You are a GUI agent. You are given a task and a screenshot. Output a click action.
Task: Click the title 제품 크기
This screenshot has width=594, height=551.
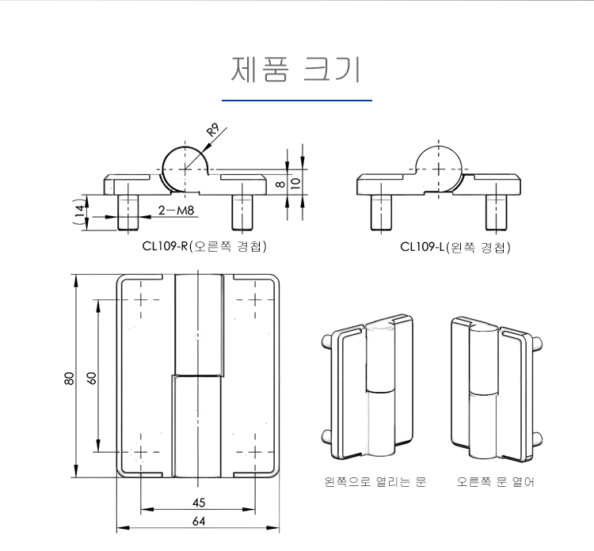pos(296,70)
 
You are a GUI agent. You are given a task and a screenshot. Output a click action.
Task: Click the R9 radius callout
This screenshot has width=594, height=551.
pos(213,129)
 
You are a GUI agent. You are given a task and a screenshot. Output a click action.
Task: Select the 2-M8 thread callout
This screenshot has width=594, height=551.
pos(177,211)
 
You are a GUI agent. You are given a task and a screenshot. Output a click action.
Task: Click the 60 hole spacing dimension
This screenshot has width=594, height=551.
pos(91,378)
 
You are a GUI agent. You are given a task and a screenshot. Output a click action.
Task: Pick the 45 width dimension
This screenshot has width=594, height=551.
pos(199,503)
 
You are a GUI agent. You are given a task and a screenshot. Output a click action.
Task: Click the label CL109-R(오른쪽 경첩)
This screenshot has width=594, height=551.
pos(205,246)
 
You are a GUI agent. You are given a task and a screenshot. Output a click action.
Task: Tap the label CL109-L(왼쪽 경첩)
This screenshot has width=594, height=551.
pos(455,247)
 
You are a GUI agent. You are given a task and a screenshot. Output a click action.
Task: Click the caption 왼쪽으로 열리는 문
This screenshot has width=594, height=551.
pos(375,481)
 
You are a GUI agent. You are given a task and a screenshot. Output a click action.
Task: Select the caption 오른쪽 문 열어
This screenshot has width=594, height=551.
pos(495,481)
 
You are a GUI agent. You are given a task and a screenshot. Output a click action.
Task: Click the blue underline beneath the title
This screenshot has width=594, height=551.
pos(296,101)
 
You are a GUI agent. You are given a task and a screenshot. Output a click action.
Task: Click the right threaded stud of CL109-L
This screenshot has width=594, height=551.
pos(496,211)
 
